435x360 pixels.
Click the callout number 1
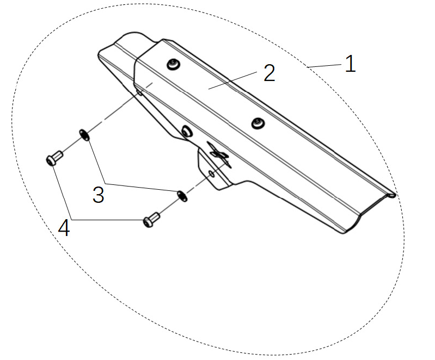(x=350, y=64)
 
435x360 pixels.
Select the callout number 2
(x=269, y=73)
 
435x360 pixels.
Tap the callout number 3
(x=99, y=195)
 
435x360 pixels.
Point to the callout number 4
(x=64, y=228)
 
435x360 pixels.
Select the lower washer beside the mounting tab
(x=182, y=196)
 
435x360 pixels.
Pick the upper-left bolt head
(x=54, y=158)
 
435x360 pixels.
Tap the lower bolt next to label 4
(x=151, y=220)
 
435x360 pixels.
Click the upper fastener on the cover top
(x=173, y=64)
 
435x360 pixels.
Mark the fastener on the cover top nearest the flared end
(x=258, y=123)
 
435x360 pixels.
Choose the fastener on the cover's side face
(x=186, y=131)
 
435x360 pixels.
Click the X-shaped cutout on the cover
(x=220, y=154)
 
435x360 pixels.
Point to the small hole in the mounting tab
(x=211, y=174)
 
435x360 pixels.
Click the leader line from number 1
(x=324, y=66)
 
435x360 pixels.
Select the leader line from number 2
(x=233, y=80)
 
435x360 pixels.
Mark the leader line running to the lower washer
(x=141, y=187)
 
